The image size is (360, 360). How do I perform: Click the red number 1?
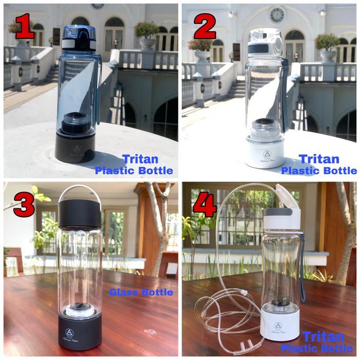point(24,26)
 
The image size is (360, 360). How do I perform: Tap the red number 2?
point(204,26)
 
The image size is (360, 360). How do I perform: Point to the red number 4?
point(204,205)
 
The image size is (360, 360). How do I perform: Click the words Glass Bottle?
point(140,293)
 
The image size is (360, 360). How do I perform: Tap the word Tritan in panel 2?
point(319,159)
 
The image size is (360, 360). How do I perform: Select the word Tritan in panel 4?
point(323,337)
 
